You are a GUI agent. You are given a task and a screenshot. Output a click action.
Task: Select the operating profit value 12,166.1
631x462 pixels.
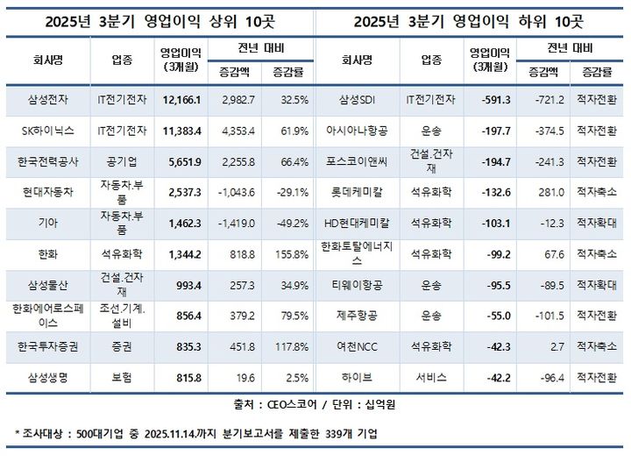[182, 101]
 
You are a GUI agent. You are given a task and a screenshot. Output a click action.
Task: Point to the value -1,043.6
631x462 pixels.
[236, 193]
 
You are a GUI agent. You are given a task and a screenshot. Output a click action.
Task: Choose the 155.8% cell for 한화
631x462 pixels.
[289, 254]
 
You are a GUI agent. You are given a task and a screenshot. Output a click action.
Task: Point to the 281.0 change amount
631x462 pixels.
[547, 193]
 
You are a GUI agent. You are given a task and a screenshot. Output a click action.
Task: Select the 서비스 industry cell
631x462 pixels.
[431, 377]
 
